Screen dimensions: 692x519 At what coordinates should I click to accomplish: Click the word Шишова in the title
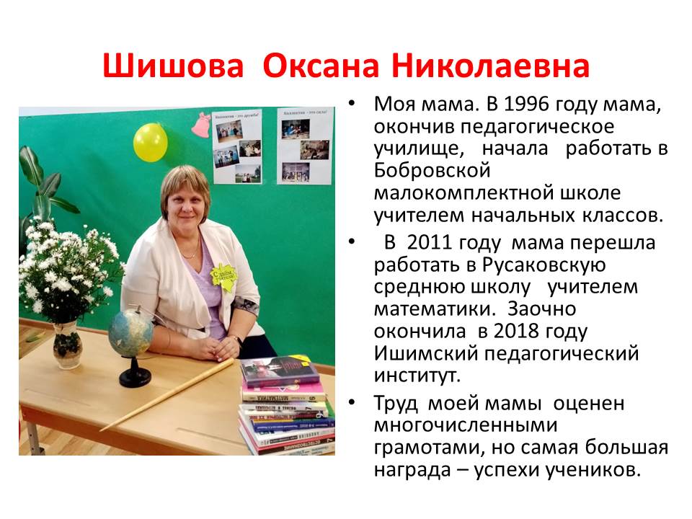173,66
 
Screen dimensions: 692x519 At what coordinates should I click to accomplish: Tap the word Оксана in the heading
321,66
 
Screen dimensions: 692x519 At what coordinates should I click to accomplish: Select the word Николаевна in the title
490,66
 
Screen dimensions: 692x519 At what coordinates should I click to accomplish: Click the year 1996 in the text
526,104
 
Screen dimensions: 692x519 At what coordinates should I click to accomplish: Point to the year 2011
430,243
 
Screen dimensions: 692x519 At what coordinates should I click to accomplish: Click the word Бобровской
432,171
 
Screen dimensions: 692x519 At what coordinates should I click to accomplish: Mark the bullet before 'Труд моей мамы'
352,402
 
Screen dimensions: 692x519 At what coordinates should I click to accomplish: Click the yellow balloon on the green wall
151,142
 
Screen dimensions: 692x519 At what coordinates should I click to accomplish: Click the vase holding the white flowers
68,345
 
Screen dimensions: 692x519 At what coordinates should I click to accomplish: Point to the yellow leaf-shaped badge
223,277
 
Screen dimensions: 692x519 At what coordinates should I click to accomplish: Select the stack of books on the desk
286,406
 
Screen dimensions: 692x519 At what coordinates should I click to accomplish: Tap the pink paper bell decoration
201,125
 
